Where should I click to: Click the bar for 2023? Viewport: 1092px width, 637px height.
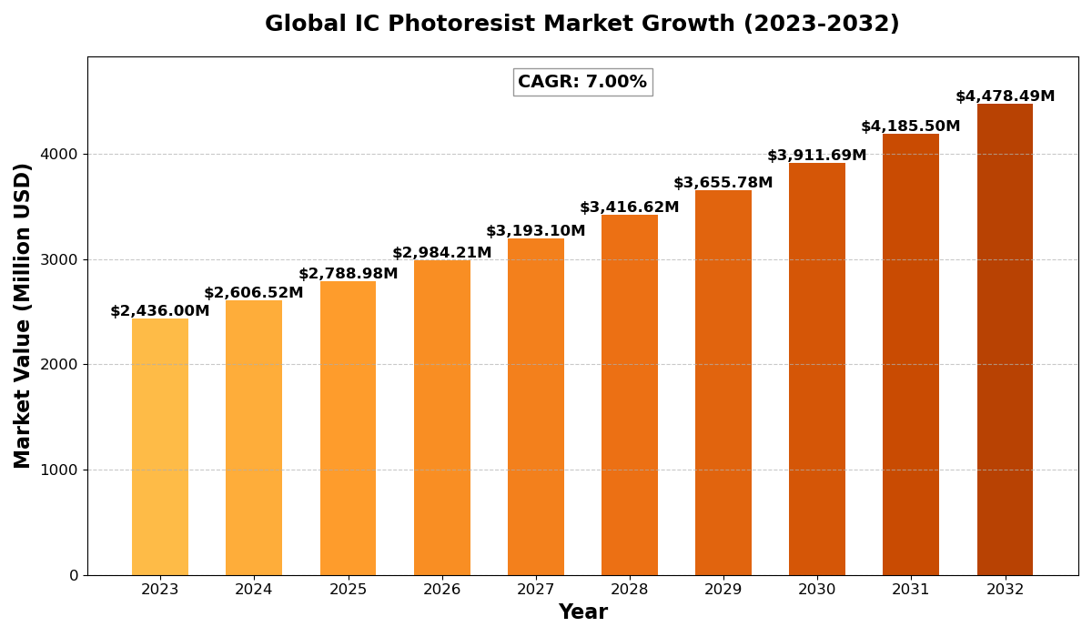160,446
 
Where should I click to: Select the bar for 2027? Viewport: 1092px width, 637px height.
536,406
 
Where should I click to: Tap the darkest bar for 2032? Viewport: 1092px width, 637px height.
1005,339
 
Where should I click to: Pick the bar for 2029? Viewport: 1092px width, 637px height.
723,382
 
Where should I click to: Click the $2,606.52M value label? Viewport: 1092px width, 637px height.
254,293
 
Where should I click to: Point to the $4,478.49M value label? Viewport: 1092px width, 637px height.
1005,96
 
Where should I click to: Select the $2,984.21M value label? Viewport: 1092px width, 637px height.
442,253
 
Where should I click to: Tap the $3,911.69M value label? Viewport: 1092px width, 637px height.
817,156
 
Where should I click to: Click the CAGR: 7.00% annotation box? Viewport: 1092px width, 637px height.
582,82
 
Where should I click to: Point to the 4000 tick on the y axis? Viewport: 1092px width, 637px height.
59,155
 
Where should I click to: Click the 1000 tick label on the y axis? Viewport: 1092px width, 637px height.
59,470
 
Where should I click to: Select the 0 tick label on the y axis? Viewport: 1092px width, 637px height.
74,575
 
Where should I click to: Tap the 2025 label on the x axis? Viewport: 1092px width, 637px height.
348,590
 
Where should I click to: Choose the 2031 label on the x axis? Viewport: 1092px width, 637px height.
911,590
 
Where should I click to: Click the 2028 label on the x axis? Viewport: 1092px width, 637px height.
630,590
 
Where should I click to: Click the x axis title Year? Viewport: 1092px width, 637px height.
582,612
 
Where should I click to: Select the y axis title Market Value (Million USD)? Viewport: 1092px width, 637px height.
23,315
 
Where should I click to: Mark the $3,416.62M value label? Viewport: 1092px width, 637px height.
630,207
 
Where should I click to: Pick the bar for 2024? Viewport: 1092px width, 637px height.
254,437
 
